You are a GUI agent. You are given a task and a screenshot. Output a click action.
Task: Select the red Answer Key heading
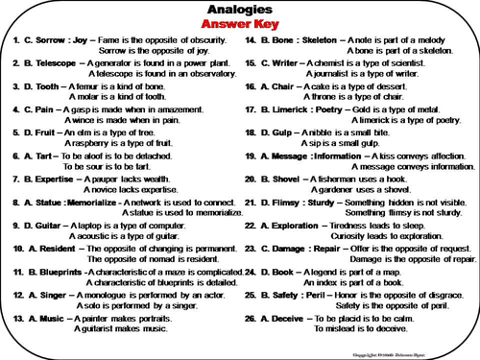pyautogui.click(x=239, y=24)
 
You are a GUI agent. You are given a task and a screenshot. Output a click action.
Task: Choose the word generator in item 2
pyautogui.click(x=119, y=63)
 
